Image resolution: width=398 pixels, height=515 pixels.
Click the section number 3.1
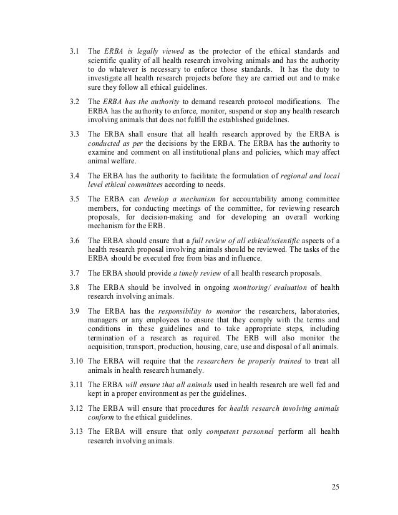tap(73, 51)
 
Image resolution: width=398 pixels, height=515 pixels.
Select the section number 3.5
tap(73, 198)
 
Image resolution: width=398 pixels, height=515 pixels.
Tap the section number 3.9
tap(73, 311)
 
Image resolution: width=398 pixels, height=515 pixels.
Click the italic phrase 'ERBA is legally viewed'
tap(137, 51)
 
